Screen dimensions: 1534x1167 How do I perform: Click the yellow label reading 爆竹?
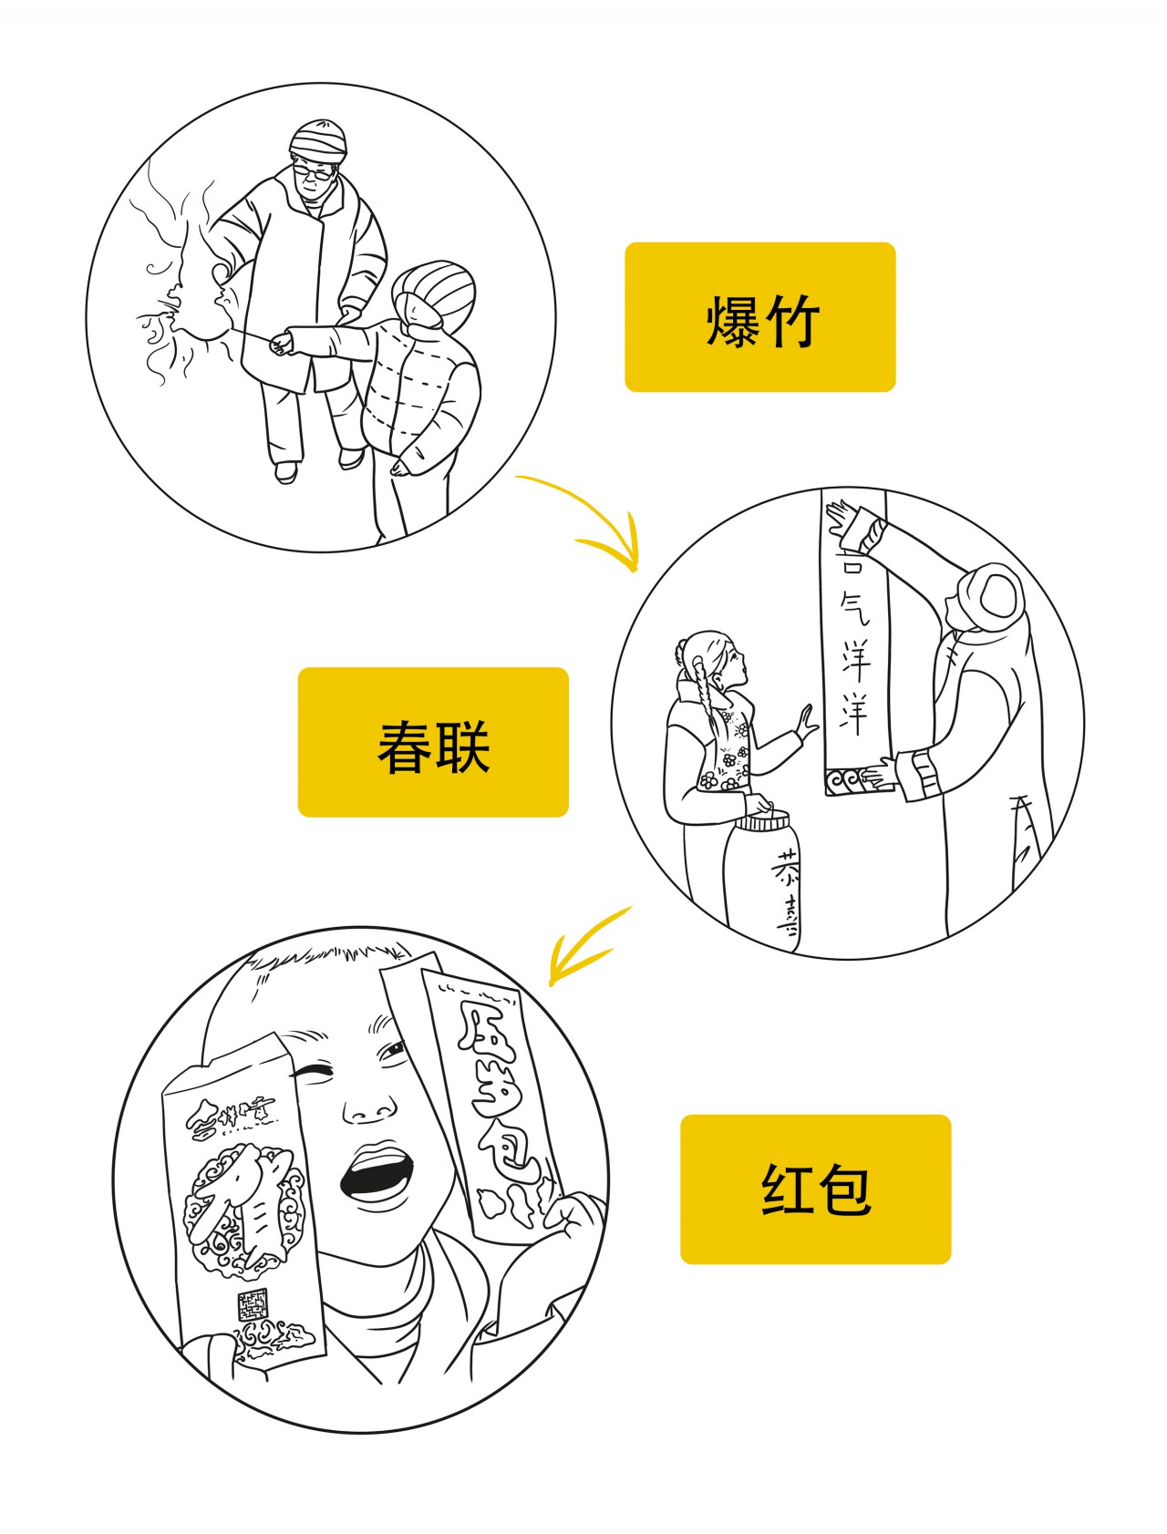(x=759, y=317)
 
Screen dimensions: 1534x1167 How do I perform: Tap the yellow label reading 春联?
(x=433, y=742)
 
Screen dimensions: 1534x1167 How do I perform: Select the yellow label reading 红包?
(x=815, y=1189)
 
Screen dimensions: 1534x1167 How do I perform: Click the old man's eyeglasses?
(x=315, y=170)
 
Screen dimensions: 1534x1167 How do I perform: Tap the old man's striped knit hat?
(x=319, y=139)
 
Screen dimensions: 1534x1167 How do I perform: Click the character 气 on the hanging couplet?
(x=854, y=606)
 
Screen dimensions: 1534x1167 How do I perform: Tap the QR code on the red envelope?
(x=253, y=1305)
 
